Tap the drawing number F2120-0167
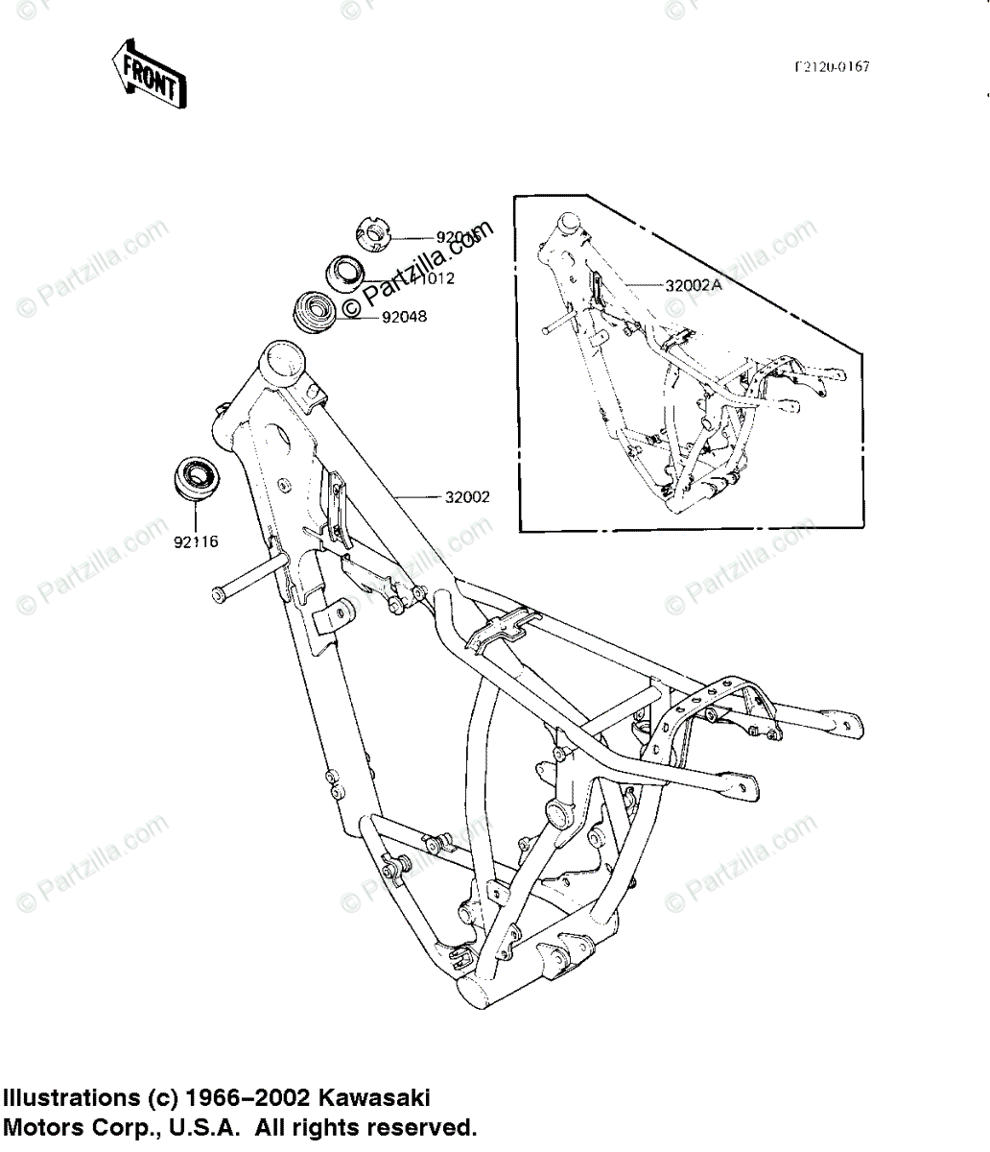831,67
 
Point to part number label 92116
196,541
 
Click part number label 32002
467,497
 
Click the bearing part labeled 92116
196,477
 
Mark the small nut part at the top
374,233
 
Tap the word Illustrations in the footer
71,1097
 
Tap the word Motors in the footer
39,1126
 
